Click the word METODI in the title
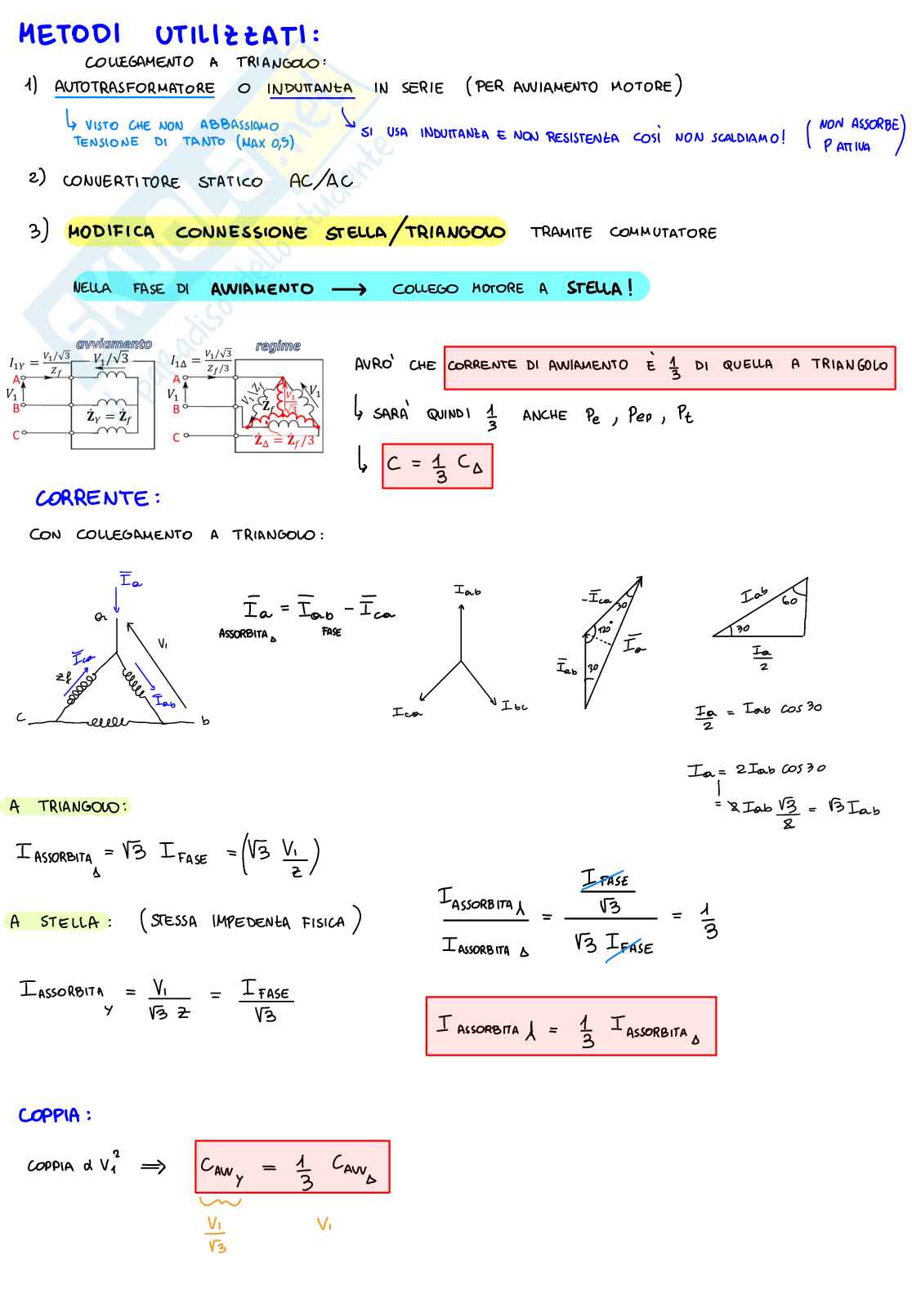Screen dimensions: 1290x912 coord(69,34)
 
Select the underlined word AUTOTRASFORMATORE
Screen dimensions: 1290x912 coord(134,87)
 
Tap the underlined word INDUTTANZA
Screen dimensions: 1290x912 coord(310,88)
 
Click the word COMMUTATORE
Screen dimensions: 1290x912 coord(663,233)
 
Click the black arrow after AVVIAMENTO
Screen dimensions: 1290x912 coord(349,288)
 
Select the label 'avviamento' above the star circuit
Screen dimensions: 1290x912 coord(114,344)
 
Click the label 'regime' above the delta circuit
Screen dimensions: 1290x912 coord(278,346)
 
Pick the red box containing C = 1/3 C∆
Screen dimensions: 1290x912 coord(437,466)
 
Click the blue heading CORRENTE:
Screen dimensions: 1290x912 coord(97,498)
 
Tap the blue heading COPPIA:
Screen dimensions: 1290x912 coord(55,1115)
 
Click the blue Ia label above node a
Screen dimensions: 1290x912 coord(131,581)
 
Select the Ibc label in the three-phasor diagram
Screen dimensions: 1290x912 coord(515,705)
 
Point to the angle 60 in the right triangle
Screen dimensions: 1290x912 coord(789,600)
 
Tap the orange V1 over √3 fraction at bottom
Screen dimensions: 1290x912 coord(216,1234)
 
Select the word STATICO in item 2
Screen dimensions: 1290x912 coord(230,181)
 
